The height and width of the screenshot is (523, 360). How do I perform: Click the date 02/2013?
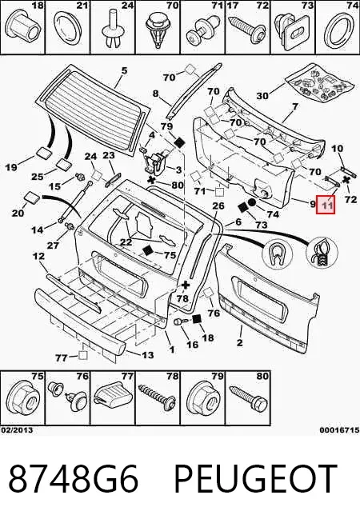[17, 430]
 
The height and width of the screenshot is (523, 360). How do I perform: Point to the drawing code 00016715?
[339, 430]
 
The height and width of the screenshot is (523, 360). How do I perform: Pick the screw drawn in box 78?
[158, 396]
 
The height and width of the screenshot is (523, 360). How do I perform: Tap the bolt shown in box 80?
[249, 398]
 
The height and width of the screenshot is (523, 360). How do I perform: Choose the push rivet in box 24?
[112, 29]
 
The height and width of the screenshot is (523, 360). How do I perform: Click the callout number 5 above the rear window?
[124, 70]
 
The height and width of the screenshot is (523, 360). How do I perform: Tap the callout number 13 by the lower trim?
[147, 355]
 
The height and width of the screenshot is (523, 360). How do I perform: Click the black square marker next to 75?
[148, 250]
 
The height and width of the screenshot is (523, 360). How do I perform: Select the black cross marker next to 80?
[152, 181]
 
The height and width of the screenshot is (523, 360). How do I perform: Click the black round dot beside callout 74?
[251, 202]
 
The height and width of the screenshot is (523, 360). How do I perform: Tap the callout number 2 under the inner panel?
[239, 342]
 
